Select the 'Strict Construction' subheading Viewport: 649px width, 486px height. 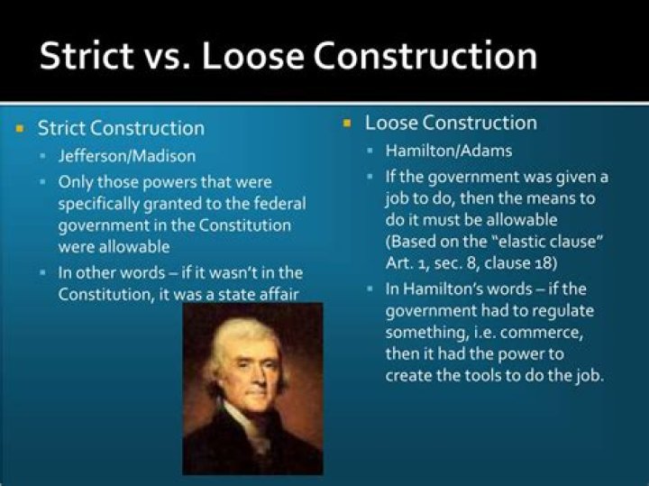pyautogui.click(x=121, y=128)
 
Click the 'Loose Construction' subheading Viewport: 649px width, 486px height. pyautogui.click(x=450, y=123)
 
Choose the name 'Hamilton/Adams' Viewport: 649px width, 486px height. pyautogui.click(x=435, y=150)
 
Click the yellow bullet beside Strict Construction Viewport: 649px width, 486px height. pyautogui.click(x=20, y=128)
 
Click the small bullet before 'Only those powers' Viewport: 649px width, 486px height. pyautogui.click(x=43, y=182)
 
